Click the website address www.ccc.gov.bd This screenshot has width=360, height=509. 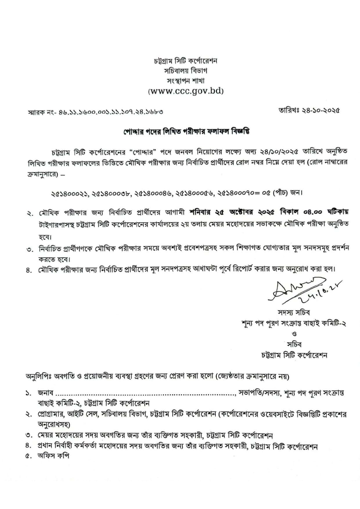click(x=185, y=91)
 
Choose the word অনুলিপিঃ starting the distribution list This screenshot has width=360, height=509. click(x=38, y=377)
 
